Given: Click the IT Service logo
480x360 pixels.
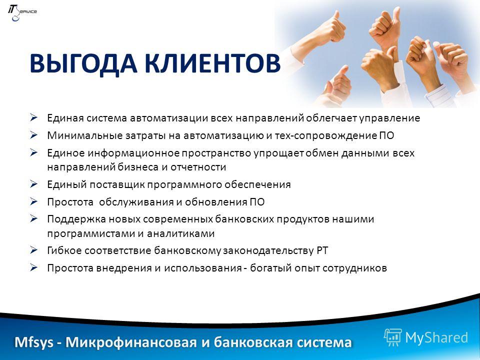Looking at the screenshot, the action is (x=22, y=13).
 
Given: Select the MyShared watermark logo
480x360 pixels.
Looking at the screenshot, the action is (x=426, y=337).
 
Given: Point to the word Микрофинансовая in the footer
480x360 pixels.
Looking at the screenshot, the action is (x=131, y=342).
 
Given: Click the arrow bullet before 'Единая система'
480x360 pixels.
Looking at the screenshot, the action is (x=33, y=117).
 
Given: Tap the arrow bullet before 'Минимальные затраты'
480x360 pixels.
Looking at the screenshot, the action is (x=33, y=135).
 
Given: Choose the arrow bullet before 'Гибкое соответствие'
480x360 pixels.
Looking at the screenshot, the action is (x=33, y=250).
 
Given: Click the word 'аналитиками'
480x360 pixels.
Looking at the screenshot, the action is (x=180, y=234).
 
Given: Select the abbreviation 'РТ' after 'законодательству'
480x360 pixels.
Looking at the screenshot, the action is (x=322, y=250).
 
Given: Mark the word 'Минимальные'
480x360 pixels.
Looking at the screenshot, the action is (x=85, y=135).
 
